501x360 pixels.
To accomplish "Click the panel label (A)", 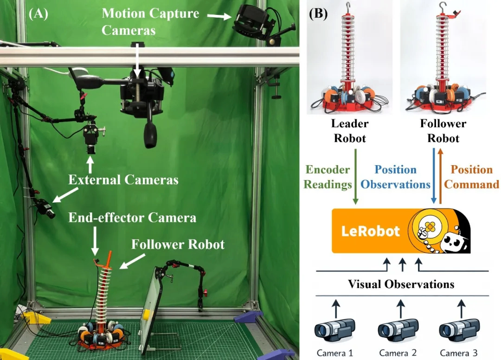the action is click(39, 14).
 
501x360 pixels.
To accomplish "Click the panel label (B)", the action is click(318, 14).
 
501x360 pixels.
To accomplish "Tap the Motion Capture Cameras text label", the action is click(150, 22).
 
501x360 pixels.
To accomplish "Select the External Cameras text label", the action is click(123, 180).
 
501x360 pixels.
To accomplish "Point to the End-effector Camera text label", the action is click(132, 218).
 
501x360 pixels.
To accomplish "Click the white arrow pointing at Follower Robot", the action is click(133, 261).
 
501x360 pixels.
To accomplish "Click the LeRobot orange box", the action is click(401, 231).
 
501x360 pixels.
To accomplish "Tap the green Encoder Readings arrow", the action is click(356, 177).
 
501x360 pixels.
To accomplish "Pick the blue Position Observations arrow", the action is click(434, 176).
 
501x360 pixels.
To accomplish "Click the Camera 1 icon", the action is click(335, 330).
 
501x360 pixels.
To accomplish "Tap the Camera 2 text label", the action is click(398, 353).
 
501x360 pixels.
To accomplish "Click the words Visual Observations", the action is click(401, 284).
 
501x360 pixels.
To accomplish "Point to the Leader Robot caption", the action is click(350, 131).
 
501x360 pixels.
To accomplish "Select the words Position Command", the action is click(472, 177).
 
